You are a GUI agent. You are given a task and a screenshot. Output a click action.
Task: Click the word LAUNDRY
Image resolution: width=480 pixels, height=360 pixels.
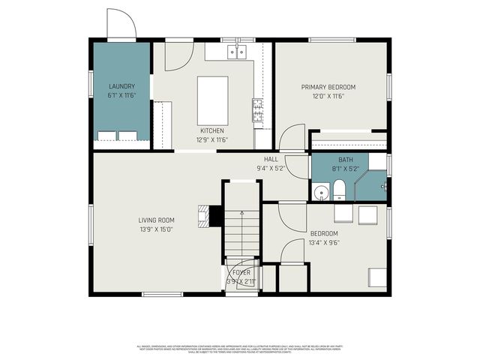point(121,87)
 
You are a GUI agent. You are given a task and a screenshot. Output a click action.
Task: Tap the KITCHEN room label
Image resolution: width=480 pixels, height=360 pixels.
point(211,130)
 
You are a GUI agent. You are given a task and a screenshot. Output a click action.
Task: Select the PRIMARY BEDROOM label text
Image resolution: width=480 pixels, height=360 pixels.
point(328,87)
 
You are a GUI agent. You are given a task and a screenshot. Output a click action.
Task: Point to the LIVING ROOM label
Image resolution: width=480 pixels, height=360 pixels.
point(156,220)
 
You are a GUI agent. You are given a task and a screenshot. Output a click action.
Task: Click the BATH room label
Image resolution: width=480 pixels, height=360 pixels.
point(346,160)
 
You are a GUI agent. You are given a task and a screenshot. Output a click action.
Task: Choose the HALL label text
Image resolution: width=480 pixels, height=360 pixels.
point(271,160)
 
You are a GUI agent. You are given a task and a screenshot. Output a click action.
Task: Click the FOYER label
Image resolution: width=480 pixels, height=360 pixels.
point(241,272)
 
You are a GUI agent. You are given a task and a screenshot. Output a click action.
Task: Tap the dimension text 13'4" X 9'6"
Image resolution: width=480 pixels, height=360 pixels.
point(325,242)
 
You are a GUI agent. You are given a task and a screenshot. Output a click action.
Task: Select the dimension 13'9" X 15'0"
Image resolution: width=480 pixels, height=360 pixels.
point(156,230)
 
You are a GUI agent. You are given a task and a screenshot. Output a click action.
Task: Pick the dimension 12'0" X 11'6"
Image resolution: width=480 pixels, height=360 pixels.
point(328,96)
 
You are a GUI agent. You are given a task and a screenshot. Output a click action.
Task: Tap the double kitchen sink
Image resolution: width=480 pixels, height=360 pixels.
point(236,52)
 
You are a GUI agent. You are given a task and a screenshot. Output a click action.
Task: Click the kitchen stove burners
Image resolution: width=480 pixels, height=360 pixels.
point(258,109)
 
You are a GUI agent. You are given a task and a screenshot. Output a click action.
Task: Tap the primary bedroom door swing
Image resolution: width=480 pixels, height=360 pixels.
point(289,140)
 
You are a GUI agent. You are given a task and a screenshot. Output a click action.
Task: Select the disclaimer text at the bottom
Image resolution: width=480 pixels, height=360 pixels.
point(240,348)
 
